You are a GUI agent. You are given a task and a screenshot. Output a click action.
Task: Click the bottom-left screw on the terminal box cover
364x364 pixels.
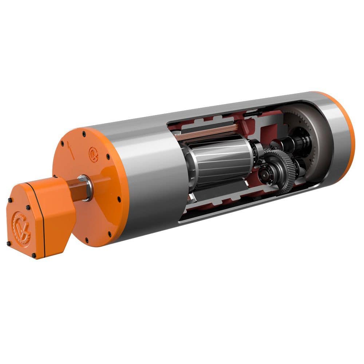point(8,243)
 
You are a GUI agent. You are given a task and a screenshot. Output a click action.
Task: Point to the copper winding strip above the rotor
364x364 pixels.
point(207,132)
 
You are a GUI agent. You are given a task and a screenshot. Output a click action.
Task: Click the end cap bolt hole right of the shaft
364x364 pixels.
point(119,199)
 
